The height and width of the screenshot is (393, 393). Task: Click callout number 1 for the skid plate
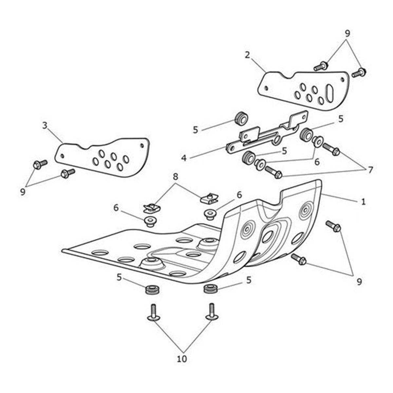click(363, 202)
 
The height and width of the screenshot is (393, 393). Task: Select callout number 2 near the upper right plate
click(248, 55)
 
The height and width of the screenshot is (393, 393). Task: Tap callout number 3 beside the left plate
click(45, 125)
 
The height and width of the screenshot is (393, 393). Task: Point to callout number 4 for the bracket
click(184, 158)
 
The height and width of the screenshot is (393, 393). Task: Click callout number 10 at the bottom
click(182, 359)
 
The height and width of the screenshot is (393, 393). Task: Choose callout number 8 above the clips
click(176, 177)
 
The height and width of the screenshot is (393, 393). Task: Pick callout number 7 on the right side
click(370, 170)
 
